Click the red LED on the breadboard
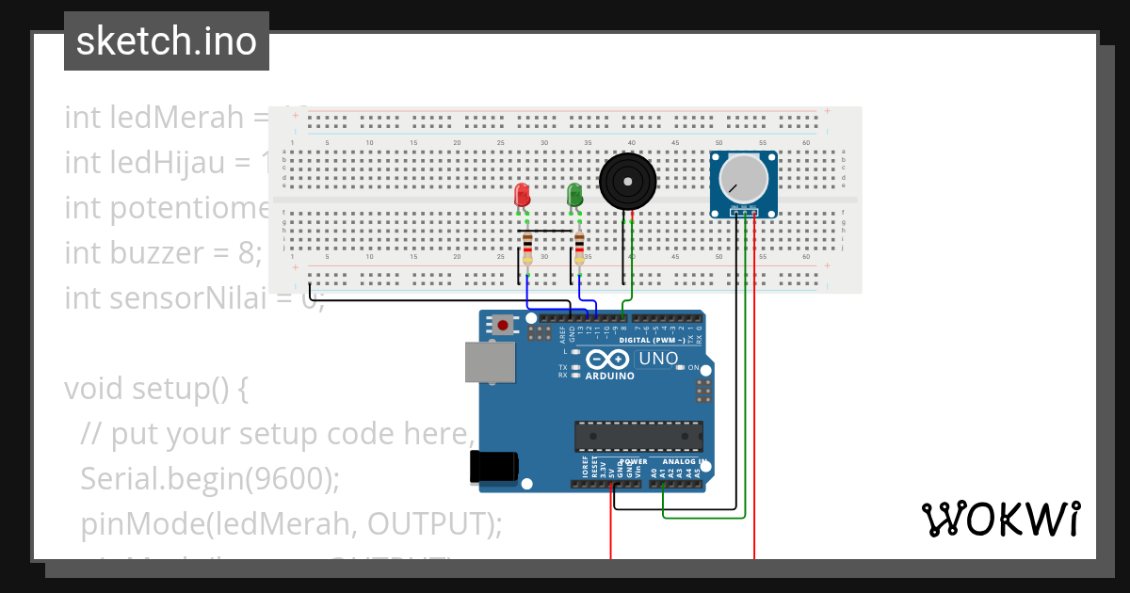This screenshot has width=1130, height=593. [x=522, y=195]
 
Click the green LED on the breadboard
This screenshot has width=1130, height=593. [x=574, y=195]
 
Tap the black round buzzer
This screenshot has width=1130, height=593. [x=626, y=182]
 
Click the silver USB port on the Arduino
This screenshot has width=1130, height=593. [x=491, y=362]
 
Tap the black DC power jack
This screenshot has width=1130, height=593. [x=493, y=467]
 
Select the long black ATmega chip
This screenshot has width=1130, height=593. [x=638, y=436]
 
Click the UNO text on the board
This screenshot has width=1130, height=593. [x=658, y=359]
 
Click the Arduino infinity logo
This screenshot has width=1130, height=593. [x=609, y=360]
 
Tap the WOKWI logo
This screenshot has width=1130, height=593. [x=1000, y=520]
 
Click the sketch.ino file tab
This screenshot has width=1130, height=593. [x=167, y=41]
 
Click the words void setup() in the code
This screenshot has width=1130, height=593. [x=155, y=389]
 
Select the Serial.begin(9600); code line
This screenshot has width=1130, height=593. [x=209, y=478]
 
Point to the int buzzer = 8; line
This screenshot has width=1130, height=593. [x=163, y=253]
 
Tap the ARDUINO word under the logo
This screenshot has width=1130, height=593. [x=609, y=376]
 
